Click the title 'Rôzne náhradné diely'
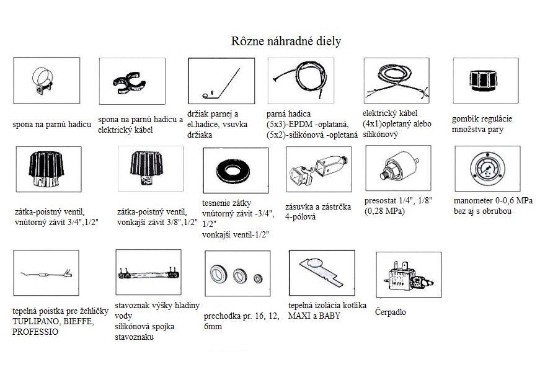tap(286, 42)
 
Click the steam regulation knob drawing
tap(482, 81)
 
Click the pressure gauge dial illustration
tap(487, 169)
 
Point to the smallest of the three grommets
tap(258, 278)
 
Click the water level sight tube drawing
tap(148, 274)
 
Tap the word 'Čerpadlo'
tap(391, 312)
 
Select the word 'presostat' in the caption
tap(381, 201)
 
